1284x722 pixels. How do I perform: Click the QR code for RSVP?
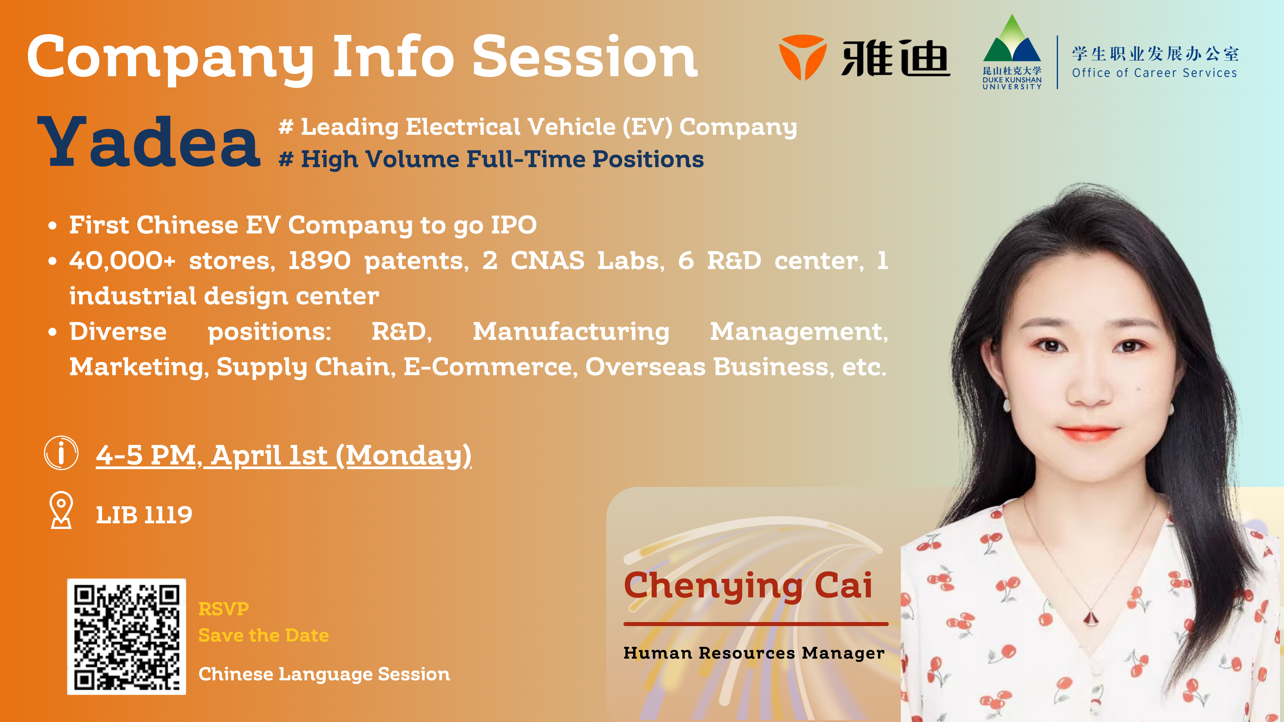(127, 636)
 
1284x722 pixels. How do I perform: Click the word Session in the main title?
(585, 57)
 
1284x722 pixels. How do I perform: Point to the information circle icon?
(61, 453)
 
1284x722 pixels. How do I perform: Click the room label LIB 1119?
(144, 515)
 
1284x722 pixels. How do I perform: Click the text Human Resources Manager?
(754, 653)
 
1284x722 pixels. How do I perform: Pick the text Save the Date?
(264, 635)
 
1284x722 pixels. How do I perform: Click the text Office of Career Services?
(1155, 73)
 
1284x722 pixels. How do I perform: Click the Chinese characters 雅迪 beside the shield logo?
(896, 58)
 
